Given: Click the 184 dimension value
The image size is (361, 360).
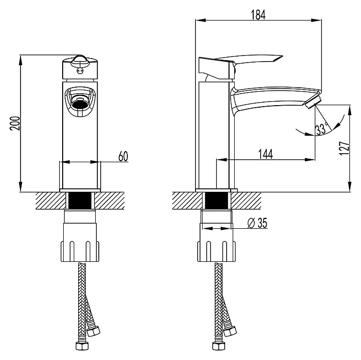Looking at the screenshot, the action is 258,15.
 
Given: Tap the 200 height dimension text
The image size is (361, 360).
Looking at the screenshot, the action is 15,124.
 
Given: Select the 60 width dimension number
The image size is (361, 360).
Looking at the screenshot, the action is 123,156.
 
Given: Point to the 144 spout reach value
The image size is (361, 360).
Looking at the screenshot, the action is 265,154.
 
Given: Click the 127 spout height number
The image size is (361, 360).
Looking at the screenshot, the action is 344,148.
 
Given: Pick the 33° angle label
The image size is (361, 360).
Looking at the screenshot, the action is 321,129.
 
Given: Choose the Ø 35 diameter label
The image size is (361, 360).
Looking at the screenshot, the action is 257,223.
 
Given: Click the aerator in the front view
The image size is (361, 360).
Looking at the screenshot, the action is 80,103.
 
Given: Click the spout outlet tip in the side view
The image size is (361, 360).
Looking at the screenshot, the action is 313,102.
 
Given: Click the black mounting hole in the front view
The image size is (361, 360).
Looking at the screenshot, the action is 80,201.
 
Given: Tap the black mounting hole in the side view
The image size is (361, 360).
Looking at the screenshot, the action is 216,201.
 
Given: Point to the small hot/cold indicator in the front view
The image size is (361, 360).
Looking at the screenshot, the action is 80,71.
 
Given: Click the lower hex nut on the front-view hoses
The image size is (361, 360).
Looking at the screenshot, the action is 82,346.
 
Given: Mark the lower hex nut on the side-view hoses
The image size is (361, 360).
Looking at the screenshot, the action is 219,346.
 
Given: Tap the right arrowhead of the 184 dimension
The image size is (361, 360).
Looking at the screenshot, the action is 316,20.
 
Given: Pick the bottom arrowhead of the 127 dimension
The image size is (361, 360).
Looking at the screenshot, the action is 350,186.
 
